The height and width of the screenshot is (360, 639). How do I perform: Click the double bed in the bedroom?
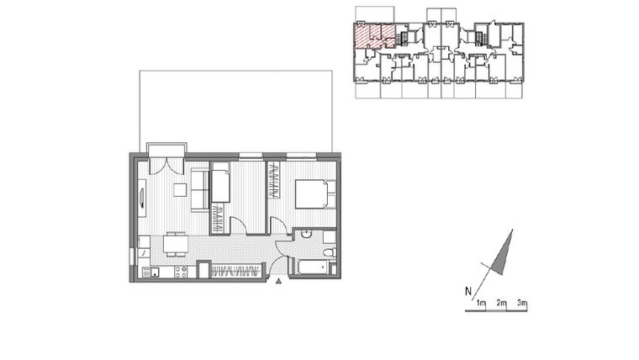click(x=313, y=193)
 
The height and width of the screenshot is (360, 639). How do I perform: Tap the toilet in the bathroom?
click(x=329, y=251)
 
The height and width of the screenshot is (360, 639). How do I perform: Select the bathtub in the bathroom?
click(x=312, y=268)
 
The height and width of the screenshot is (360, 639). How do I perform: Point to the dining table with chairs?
click(x=175, y=245)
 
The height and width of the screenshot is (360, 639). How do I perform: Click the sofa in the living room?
click(x=200, y=190)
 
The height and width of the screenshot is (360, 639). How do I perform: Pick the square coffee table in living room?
click(x=179, y=189)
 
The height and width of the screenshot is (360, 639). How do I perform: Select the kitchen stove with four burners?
click(x=154, y=272)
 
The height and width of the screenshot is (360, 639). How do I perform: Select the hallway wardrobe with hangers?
click(x=235, y=270)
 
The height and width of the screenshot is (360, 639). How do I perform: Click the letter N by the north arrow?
click(x=467, y=292)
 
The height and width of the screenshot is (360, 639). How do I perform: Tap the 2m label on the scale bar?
click(x=500, y=302)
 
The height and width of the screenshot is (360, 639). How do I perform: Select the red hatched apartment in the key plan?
click(x=372, y=36)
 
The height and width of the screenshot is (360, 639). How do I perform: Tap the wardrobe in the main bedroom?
click(x=275, y=180)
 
